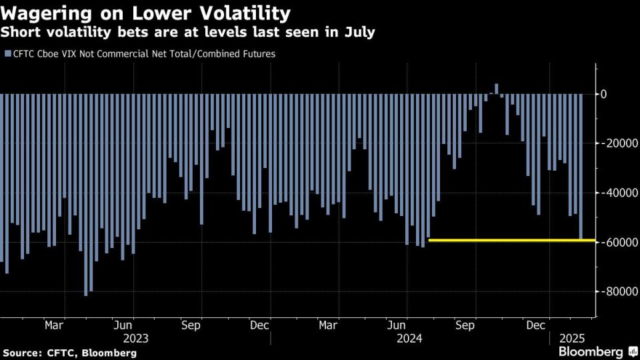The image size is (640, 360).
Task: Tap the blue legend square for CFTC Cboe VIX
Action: coord(7,54)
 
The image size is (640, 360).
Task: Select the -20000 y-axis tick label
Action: coord(619,143)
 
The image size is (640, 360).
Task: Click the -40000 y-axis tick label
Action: coord(619,193)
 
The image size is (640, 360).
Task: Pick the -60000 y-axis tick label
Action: coord(619,242)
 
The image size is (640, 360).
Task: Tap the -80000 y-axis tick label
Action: coord(619,291)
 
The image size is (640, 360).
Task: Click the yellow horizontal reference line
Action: coord(507,240)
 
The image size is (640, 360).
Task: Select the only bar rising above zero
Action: coord(496,89)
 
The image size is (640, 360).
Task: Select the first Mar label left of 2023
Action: coord(54,326)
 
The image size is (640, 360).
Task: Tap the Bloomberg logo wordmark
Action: coord(591,351)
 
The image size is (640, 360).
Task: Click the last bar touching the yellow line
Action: coord(581,167)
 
